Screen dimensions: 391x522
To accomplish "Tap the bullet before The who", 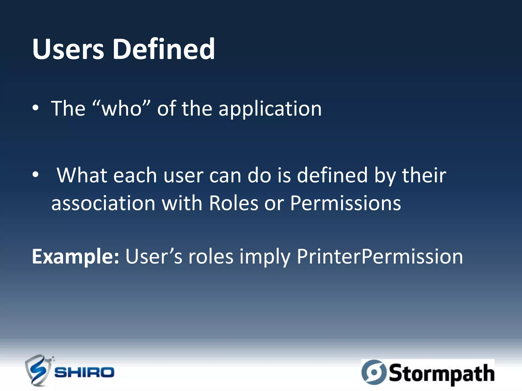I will pos(35,108).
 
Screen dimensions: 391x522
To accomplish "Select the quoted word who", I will pos(121,108).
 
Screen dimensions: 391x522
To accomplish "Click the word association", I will pos(103,203).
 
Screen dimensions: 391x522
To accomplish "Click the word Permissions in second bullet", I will pos(345,203).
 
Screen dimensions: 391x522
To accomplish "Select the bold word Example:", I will pos(75,257).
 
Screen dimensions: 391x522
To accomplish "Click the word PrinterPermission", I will pos(380,257).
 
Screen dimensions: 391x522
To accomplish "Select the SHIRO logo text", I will pos(84,373).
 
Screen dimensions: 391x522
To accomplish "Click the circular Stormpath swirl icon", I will pos(374,372).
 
